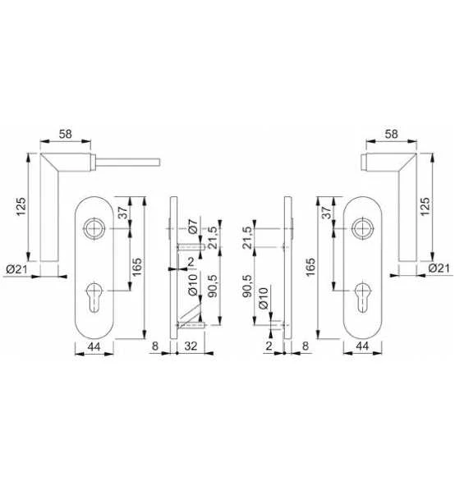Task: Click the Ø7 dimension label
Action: click(x=193, y=227)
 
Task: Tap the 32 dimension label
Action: click(x=191, y=346)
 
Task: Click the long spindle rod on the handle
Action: click(x=128, y=162)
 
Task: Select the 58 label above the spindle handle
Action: click(x=66, y=134)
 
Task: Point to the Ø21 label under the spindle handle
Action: click(x=16, y=269)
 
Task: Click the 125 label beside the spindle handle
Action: click(x=21, y=206)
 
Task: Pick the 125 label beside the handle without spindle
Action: click(x=425, y=206)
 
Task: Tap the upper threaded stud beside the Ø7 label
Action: click(x=191, y=247)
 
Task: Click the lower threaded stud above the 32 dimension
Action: click(x=191, y=325)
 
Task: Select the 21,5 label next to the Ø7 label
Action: click(x=213, y=238)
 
